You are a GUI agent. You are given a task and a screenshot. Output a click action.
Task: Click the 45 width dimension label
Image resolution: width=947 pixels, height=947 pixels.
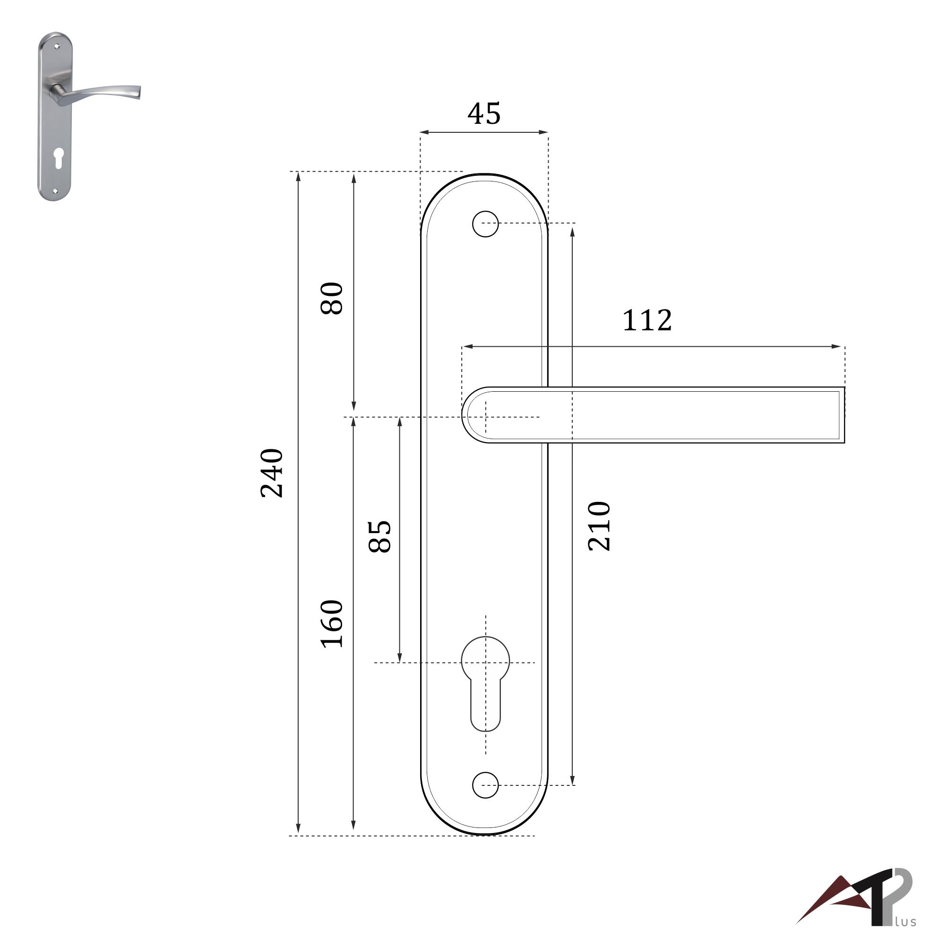tap(484, 114)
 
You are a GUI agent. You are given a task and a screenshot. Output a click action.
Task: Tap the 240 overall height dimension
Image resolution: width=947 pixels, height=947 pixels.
tap(272, 473)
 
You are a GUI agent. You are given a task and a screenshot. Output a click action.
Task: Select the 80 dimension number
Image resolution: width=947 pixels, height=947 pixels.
tap(332, 298)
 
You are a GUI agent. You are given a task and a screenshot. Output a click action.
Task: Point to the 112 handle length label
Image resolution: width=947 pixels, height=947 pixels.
tap(646, 320)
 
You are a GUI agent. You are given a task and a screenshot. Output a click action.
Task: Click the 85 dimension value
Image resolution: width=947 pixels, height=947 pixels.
tap(380, 536)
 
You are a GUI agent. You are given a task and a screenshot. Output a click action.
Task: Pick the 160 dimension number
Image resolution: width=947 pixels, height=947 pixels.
tap(332, 623)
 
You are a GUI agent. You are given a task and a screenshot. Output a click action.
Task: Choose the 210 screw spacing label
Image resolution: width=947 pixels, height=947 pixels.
tap(599, 526)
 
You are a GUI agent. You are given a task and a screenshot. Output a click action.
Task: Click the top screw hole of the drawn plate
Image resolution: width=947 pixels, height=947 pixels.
tap(485, 224)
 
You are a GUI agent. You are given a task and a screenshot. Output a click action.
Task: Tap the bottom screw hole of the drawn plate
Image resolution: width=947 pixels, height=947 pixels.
tap(485, 785)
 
